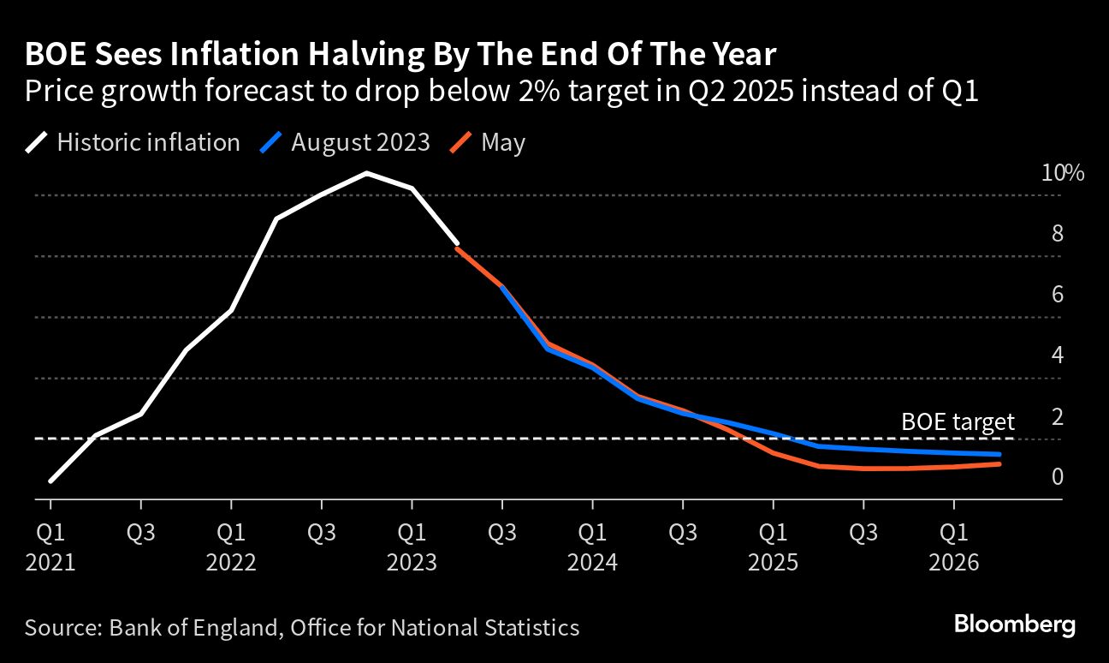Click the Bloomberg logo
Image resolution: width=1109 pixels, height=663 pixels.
click(1014, 624)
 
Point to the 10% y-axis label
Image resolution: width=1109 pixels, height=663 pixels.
click(1062, 173)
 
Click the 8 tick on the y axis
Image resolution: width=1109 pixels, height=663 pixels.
click(1057, 234)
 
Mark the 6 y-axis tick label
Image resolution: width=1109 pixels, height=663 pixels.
click(1057, 295)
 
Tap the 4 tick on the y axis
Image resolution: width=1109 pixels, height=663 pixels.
click(1057, 355)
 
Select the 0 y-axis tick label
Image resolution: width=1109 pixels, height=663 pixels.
click(1057, 476)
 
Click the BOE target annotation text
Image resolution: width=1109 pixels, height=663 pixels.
click(958, 421)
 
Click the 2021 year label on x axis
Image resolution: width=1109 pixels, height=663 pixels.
click(50, 563)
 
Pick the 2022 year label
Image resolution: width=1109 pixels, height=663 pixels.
click(231, 563)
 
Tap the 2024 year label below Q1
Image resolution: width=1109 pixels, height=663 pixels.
click(593, 563)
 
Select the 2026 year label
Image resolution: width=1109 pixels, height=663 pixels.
click(955, 563)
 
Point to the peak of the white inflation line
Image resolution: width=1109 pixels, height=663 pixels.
click(366, 173)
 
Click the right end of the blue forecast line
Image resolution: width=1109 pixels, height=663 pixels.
click(999, 454)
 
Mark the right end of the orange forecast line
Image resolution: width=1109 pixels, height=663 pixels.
click(999, 464)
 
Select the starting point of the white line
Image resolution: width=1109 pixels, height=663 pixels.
click(50, 481)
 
